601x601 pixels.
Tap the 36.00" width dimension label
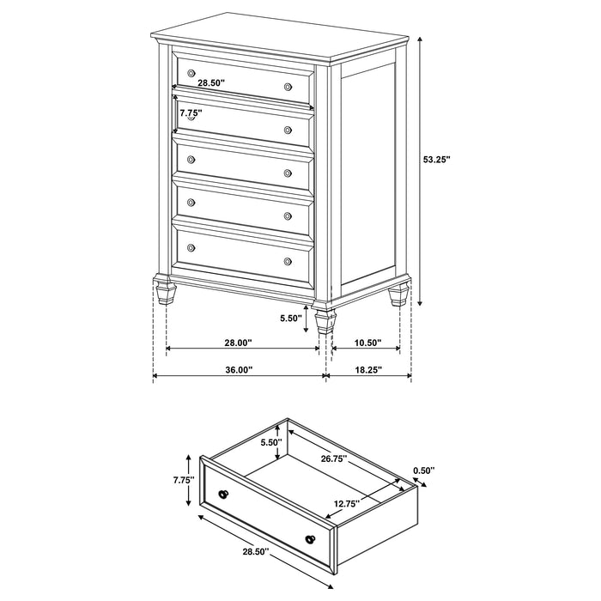238,370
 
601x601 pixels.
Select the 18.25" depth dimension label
367,370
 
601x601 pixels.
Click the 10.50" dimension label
367,343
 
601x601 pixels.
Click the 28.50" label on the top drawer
210,83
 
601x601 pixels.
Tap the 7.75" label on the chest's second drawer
191,112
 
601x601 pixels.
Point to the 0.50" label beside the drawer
423,470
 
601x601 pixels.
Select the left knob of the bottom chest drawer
191,247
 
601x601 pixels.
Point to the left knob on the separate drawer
225,495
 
